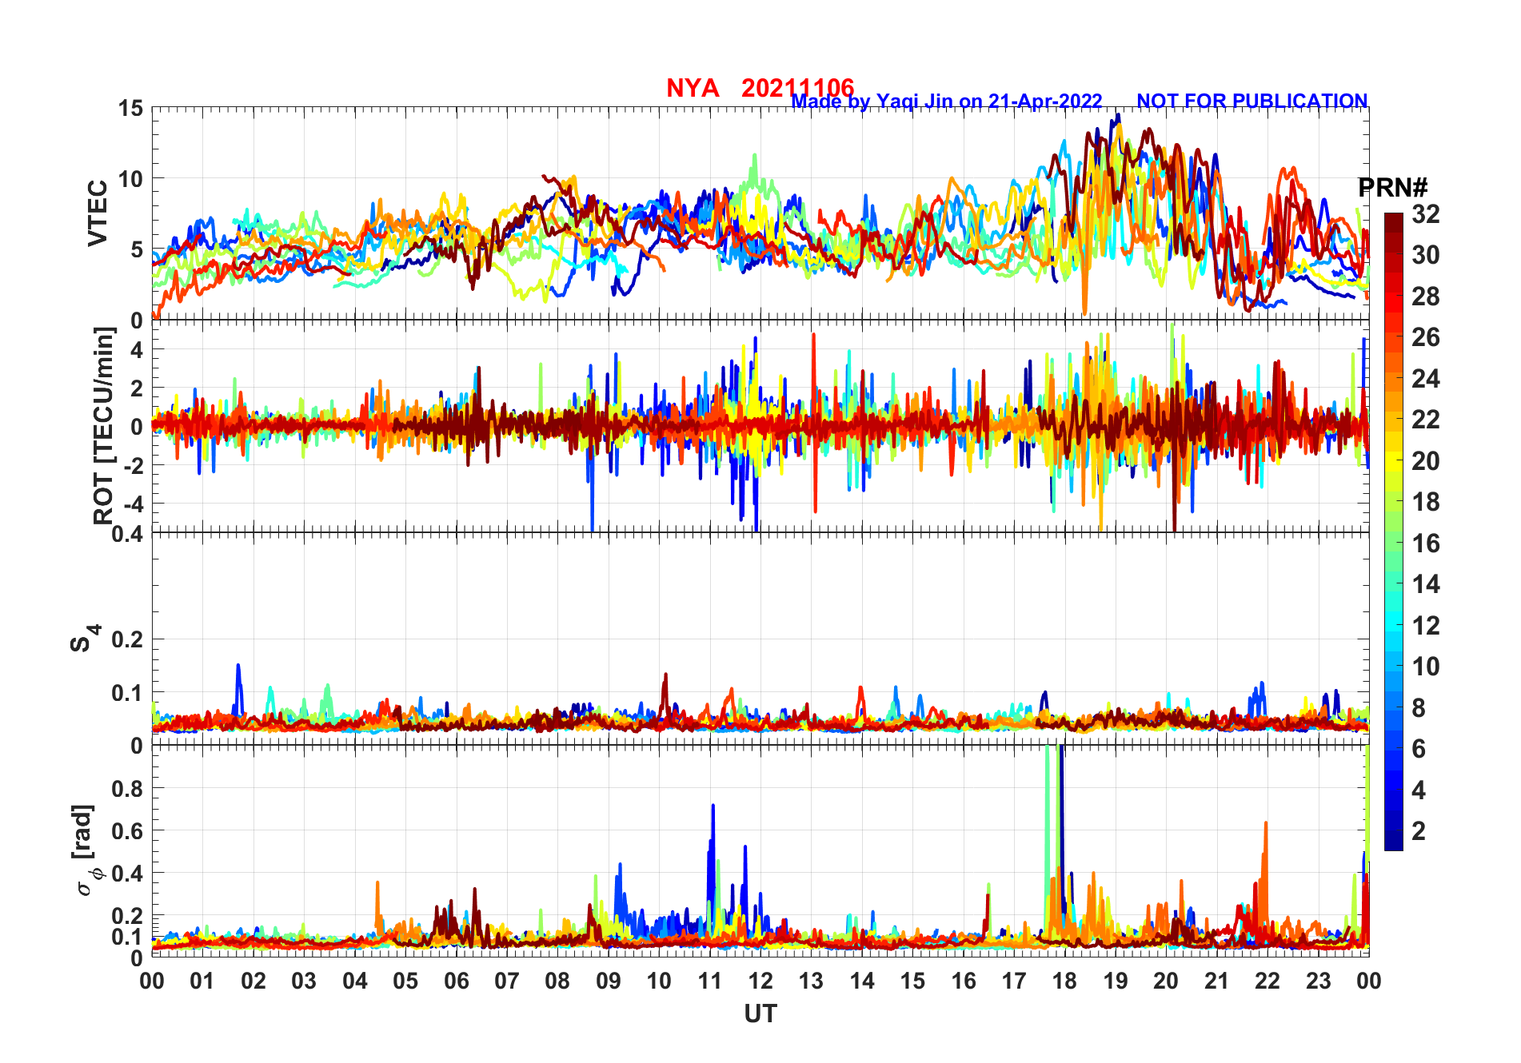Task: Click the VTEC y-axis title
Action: [98, 213]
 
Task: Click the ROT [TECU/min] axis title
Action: [104, 425]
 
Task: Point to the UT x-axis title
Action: [760, 1014]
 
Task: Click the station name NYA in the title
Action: [693, 88]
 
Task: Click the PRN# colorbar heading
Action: [1392, 188]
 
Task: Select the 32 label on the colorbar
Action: [1425, 214]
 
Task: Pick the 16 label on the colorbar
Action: [1425, 543]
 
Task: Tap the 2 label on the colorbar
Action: [1419, 831]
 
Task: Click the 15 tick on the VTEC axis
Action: [130, 109]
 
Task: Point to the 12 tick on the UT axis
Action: [760, 981]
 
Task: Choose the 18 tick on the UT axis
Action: [1064, 981]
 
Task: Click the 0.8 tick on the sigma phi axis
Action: [126, 788]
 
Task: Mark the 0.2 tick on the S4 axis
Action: [126, 639]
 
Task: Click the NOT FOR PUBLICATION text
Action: [1252, 102]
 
